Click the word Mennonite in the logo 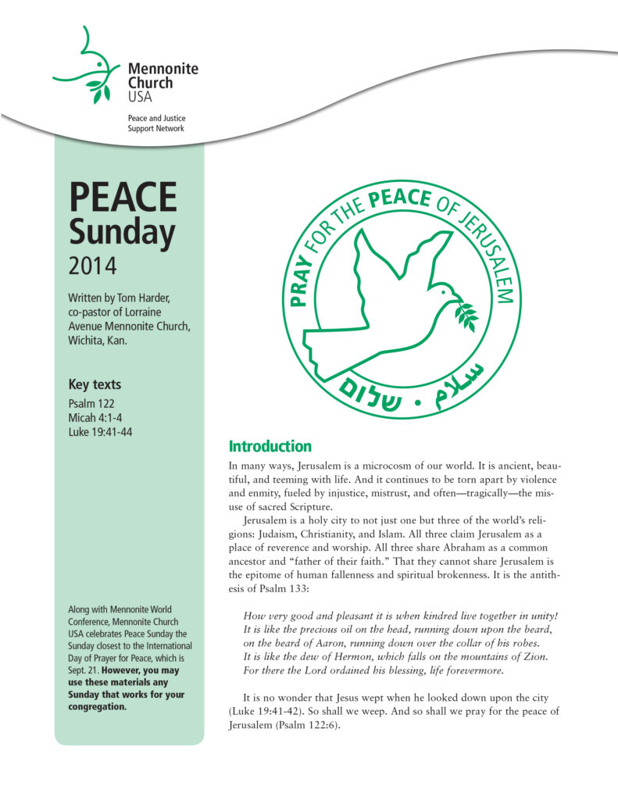(163, 69)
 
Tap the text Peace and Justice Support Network (156, 123)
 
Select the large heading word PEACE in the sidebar (123, 198)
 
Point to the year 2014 (92, 266)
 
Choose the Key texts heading (95, 384)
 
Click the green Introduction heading (270, 447)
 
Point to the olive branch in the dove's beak (465, 312)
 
